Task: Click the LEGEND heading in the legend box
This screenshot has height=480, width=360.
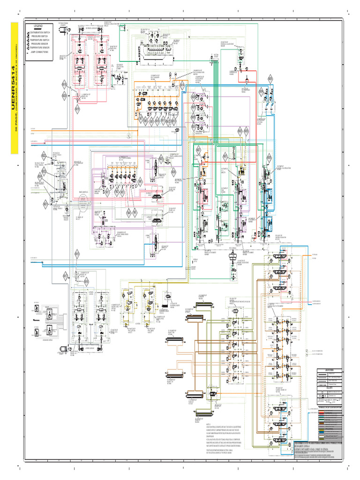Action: tap(37, 25)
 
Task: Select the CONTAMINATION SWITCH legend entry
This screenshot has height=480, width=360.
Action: tap(43, 31)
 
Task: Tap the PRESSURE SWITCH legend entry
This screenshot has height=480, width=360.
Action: tap(43, 36)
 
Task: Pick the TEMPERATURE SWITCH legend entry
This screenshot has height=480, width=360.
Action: tap(43, 39)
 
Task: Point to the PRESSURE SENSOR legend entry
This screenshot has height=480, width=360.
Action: tap(43, 44)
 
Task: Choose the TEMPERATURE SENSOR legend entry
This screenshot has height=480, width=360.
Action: tap(43, 48)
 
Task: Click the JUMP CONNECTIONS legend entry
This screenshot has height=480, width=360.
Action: tap(42, 52)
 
